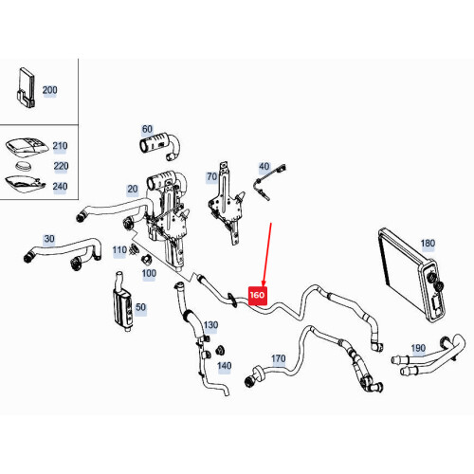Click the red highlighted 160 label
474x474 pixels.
pyautogui.click(x=258, y=296)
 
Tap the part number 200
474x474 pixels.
pyautogui.click(x=49, y=90)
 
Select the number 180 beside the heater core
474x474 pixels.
pyautogui.click(x=428, y=244)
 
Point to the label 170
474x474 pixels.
pyautogui.click(x=279, y=358)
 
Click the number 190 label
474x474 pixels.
pyautogui.click(x=418, y=348)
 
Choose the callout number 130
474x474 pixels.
pyautogui.click(x=210, y=325)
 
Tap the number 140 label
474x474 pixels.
pyautogui.click(x=224, y=366)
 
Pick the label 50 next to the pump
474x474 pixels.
pyautogui.click(x=140, y=307)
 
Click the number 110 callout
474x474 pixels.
pyautogui.click(x=119, y=250)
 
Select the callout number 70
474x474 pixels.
pyautogui.click(x=211, y=177)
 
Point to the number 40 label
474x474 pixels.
pyautogui.click(x=264, y=166)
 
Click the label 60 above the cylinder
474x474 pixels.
pyautogui.click(x=147, y=129)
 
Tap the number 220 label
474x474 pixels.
pyautogui.click(x=61, y=166)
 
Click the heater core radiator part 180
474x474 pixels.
pyautogui.click(x=412, y=274)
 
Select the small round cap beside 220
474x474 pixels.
pyautogui.click(x=23, y=166)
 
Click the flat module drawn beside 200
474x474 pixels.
pyautogui.click(x=26, y=87)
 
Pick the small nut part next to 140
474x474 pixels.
pyautogui.click(x=220, y=350)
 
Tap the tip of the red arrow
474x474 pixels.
pyautogui.click(x=264, y=286)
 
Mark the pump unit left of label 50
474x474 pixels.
pyautogui.click(x=122, y=301)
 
